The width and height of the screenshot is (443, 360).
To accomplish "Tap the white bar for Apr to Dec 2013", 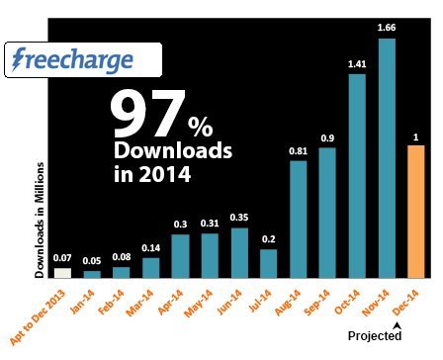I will point(62,272).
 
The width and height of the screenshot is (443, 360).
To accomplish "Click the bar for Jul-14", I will point(269,262).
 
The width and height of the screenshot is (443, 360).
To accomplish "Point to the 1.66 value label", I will point(387,29).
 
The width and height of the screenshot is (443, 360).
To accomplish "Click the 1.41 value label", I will point(357,62).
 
